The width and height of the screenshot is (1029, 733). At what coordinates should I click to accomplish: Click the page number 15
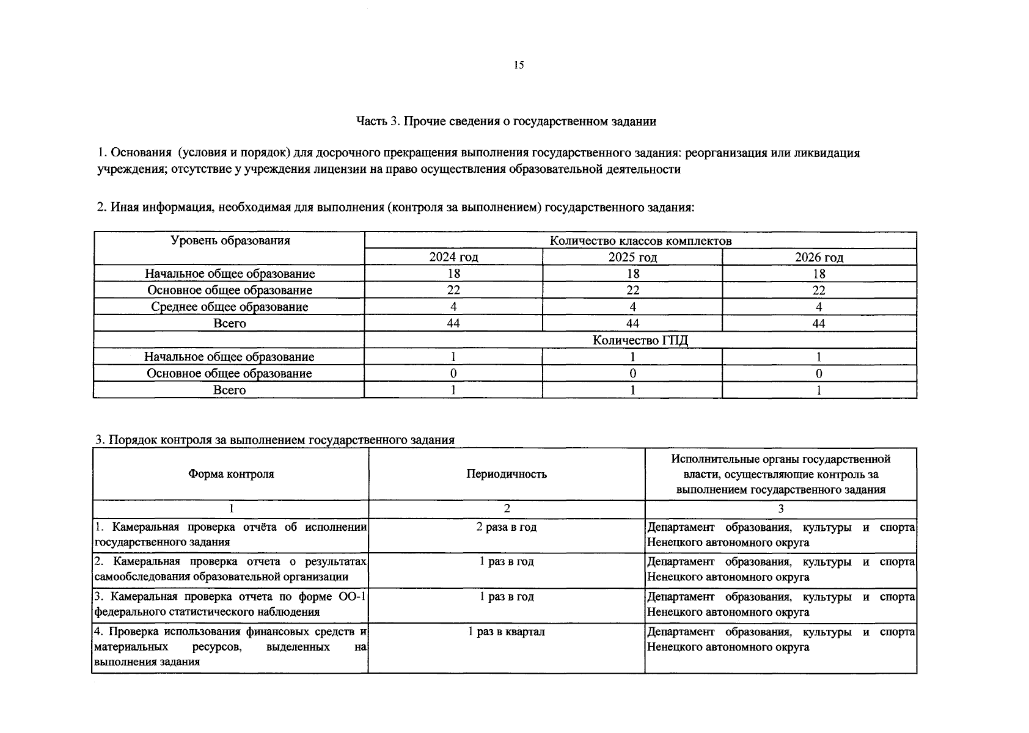coord(519,65)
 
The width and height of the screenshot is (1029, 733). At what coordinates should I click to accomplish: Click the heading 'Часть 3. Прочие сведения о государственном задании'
coord(506,122)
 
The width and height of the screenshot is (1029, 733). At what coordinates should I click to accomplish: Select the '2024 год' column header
coord(453,257)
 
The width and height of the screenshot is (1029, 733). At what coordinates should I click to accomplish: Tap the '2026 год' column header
coord(819,257)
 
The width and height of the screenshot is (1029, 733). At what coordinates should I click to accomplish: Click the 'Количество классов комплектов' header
coord(640,241)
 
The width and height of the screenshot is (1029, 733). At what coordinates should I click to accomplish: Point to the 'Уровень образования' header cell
coord(230,241)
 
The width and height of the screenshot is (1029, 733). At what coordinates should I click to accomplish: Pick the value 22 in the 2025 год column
coord(632,290)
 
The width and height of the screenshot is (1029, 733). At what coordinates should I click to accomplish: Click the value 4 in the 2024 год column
coord(453,307)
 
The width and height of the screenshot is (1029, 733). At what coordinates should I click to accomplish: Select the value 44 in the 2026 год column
coord(819,323)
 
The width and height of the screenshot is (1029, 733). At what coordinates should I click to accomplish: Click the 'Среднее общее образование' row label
coord(230,307)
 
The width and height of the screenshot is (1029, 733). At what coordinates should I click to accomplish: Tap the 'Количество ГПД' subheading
coord(640,340)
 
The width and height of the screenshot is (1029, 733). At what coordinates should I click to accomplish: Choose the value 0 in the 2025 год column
coord(632,373)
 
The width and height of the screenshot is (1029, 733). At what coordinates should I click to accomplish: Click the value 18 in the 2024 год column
coord(453,274)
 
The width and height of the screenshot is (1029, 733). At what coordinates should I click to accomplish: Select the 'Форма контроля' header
coord(231,474)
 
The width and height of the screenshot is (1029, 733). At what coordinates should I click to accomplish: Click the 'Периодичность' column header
coord(507,474)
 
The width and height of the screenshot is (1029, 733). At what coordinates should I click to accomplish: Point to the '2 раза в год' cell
coord(507,527)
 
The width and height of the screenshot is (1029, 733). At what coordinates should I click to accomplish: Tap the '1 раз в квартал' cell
coord(507,632)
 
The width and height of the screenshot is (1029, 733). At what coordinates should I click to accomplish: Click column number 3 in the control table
coord(780,509)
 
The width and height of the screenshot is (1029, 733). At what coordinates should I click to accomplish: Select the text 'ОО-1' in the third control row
coord(351,597)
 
